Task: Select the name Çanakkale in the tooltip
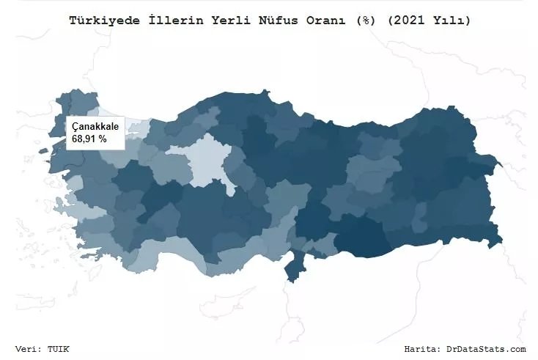95,127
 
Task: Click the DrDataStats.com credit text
486,349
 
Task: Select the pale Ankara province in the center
205,158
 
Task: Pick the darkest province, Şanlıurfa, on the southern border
366,238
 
